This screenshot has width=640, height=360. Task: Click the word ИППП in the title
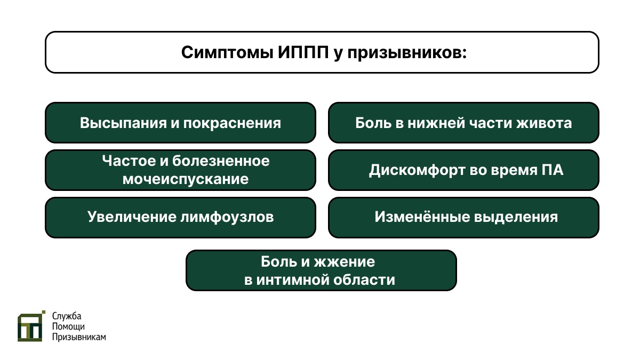pyautogui.click(x=303, y=52)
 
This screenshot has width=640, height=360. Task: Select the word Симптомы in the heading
pyautogui.click(x=227, y=53)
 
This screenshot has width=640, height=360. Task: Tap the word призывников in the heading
pyautogui.click(x=407, y=53)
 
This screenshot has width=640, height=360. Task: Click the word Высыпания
pyautogui.click(x=123, y=123)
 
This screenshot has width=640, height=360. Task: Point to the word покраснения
pyautogui.click(x=232, y=123)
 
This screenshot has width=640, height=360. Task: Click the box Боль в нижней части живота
pyautogui.click(x=463, y=123)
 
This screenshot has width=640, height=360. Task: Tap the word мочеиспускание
pyautogui.click(x=186, y=179)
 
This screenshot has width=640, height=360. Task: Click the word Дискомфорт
pyautogui.click(x=418, y=171)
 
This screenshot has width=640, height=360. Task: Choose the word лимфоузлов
pyautogui.click(x=227, y=217)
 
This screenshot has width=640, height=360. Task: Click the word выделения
pyautogui.click(x=516, y=217)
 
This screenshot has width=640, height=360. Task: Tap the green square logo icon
pyautogui.click(x=31, y=326)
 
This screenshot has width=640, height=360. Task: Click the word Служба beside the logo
pyautogui.click(x=67, y=316)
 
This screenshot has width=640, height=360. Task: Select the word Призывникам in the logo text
pyautogui.click(x=79, y=337)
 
